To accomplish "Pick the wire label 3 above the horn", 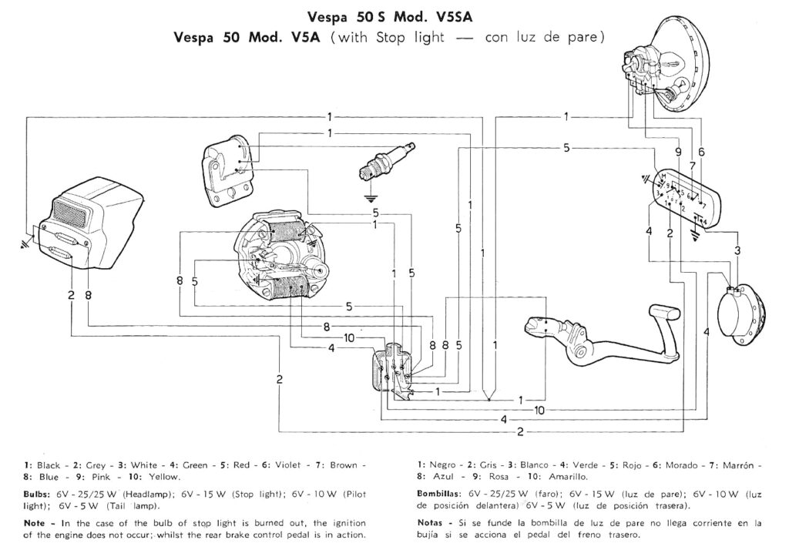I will (x=737, y=250).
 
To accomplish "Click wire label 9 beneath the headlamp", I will (x=679, y=152).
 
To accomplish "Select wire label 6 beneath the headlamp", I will (x=701, y=152).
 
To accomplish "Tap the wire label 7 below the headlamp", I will (x=691, y=166).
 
